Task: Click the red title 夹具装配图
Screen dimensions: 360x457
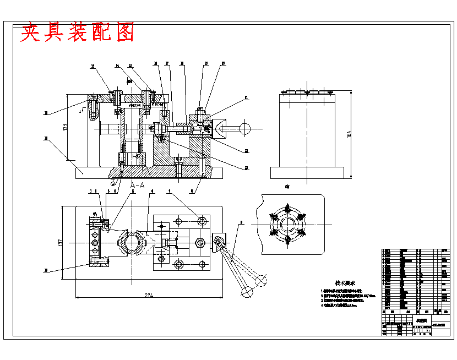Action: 78,33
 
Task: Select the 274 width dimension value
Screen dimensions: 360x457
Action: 149,296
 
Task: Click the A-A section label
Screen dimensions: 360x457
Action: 137,186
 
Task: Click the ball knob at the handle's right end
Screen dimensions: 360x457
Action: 244,129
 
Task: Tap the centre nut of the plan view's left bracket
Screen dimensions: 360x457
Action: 95,242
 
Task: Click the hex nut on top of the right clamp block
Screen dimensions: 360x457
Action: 200,112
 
